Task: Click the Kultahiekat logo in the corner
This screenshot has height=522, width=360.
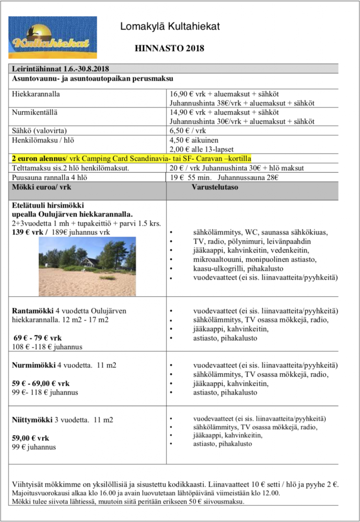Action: (x=53, y=37)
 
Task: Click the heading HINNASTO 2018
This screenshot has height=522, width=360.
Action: (x=169, y=49)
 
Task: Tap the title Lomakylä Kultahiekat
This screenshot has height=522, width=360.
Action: (x=170, y=27)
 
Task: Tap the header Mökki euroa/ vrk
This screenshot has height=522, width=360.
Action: (x=41, y=187)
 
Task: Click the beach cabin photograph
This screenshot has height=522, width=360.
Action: (x=87, y=267)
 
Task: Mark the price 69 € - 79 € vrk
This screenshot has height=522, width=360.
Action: (x=38, y=338)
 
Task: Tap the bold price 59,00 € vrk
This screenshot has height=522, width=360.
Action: (x=31, y=438)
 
